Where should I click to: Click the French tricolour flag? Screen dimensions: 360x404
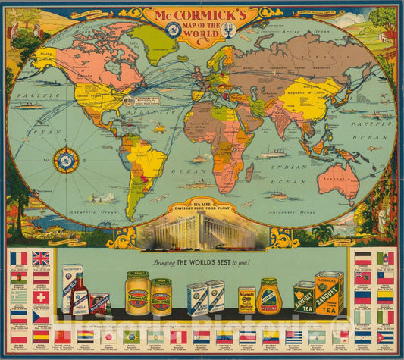tap(19, 258)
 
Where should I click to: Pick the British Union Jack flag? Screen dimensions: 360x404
tap(40, 258)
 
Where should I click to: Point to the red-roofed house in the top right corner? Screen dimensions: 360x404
tap(389, 35)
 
